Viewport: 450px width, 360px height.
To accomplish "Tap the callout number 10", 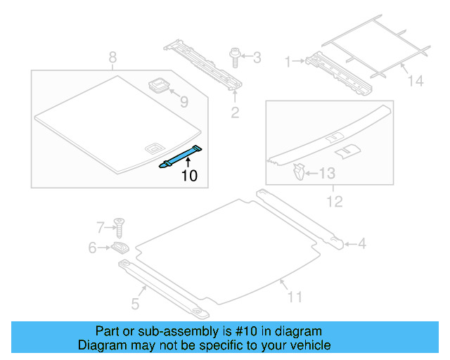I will (x=189, y=176).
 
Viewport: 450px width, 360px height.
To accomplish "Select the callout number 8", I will (x=112, y=58).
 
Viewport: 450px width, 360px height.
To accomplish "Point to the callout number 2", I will (x=235, y=111).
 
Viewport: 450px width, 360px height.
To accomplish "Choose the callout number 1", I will (x=287, y=62).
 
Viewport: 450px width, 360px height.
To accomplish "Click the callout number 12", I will (x=334, y=202).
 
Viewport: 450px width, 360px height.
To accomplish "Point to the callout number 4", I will (x=361, y=244).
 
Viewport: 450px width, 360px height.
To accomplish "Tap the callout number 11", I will (x=295, y=297).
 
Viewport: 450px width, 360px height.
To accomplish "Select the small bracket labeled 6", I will (x=120, y=247).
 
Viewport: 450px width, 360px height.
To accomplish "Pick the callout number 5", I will (x=135, y=303).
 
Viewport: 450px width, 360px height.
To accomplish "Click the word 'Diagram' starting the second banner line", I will (x=100, y=345).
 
